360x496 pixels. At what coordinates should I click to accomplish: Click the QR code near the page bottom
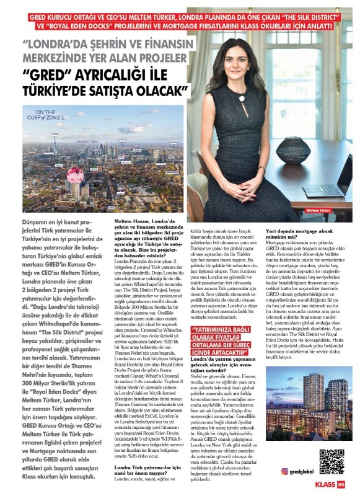pos(331,462)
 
